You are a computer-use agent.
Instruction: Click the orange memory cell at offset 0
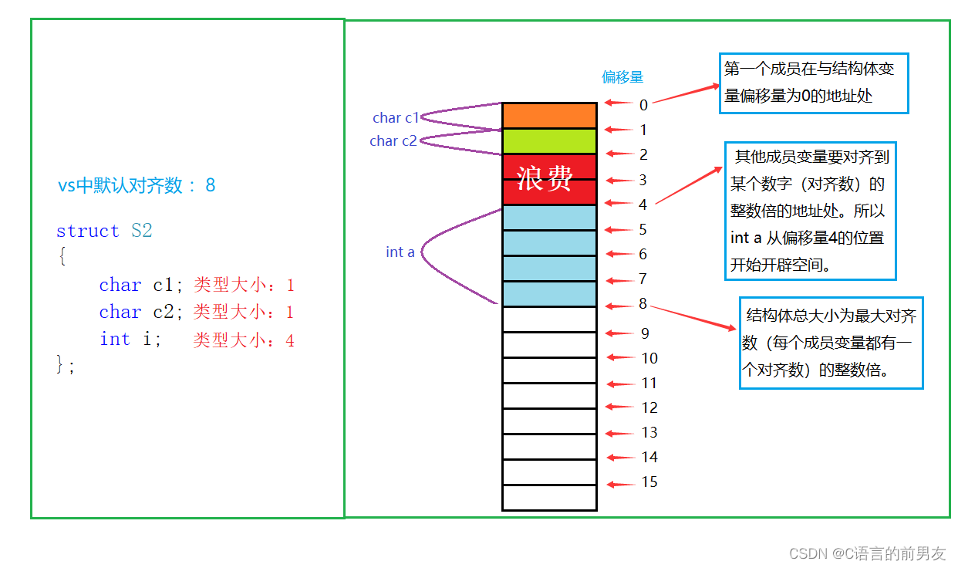549,115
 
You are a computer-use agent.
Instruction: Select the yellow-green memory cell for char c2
549,140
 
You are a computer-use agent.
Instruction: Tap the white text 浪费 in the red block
545,178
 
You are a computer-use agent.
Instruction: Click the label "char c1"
395,118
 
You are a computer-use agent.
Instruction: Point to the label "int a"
400,252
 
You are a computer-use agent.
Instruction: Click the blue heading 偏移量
622,77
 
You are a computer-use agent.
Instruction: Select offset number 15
649,482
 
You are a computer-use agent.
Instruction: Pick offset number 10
649,358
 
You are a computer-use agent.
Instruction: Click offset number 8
643,304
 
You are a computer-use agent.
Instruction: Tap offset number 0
643,104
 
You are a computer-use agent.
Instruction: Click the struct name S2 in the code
141,231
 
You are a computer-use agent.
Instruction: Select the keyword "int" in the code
114,339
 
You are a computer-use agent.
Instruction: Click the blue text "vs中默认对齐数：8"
137,185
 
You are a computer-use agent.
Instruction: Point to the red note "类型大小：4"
244,340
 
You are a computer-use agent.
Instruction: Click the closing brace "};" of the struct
66,365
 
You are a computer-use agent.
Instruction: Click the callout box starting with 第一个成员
814,83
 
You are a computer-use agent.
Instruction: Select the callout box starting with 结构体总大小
831,343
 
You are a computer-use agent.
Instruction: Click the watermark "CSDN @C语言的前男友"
867,553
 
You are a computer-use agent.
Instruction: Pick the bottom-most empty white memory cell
549,498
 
